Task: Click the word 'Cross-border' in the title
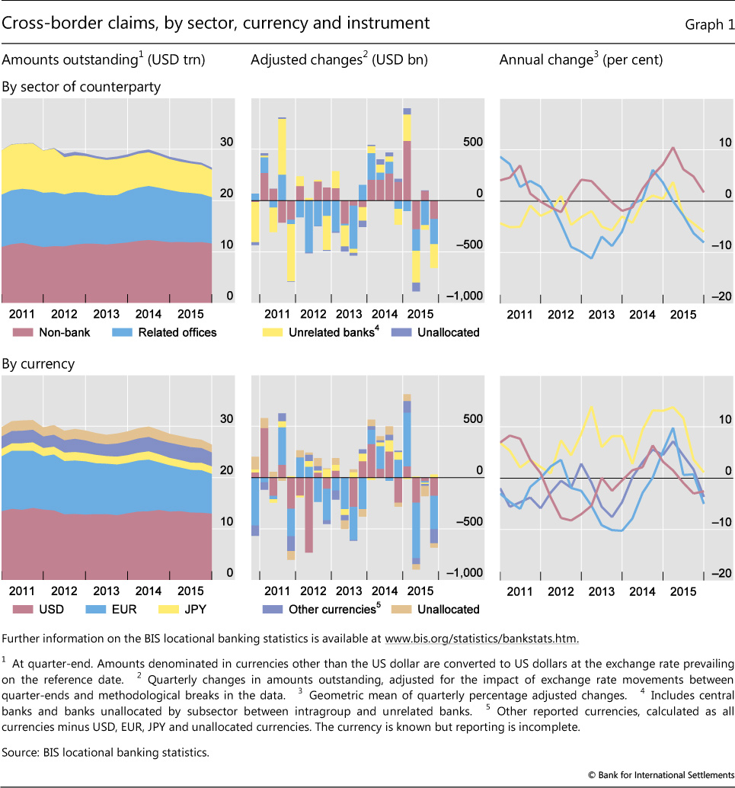[x=46, y=24]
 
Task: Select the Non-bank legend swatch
[x=23, y=332]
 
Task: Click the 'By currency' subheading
[x=39, y=364]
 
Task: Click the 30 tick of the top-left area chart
[x=227, y=143]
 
